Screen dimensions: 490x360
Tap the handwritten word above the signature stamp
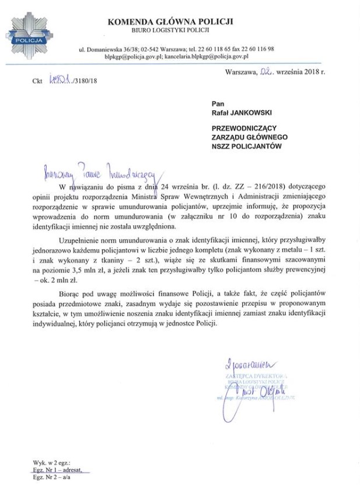tap(245, 366)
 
